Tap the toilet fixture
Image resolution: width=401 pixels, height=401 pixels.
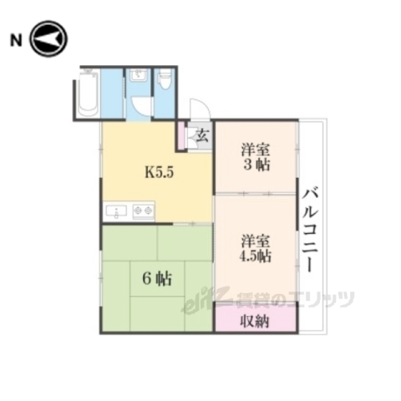[165, 82]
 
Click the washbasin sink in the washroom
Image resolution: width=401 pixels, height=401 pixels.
[138, 80]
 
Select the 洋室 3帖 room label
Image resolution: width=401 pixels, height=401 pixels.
[256, 157]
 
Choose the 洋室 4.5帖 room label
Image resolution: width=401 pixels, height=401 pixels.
[256, 247]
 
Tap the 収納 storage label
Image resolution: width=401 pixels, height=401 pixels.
[256, 322]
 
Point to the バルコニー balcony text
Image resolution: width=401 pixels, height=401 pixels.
[312, 226]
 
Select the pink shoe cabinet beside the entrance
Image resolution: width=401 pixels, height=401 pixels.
[180, 135]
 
